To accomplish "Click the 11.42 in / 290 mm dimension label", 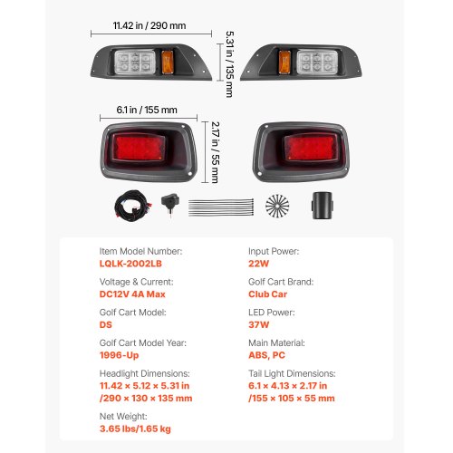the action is (149, 25).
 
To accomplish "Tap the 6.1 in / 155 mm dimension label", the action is (147, 110).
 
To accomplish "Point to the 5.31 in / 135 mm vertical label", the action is (230, 64).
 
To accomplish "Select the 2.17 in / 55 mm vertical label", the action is (215, 152).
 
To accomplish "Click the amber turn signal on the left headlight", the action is (167, 63).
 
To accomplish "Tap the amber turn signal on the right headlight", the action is (284, 63).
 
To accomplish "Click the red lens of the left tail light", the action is (139, 147).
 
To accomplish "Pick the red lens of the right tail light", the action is (311, 147).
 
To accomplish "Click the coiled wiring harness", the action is (132, 205).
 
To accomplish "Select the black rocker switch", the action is (170, 203).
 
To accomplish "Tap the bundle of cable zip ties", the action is (221, 207).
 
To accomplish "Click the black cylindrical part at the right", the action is (323, 206).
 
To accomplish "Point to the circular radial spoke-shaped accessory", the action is (277, 206).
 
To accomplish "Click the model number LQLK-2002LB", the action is (130, 264).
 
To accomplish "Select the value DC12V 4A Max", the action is (132, 294).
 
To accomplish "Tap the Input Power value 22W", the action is (258, 264).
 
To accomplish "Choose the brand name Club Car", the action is (267, 294).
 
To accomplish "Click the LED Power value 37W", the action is (258, 324).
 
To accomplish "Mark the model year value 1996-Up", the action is (119, 355).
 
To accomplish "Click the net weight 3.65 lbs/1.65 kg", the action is (135, 429).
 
